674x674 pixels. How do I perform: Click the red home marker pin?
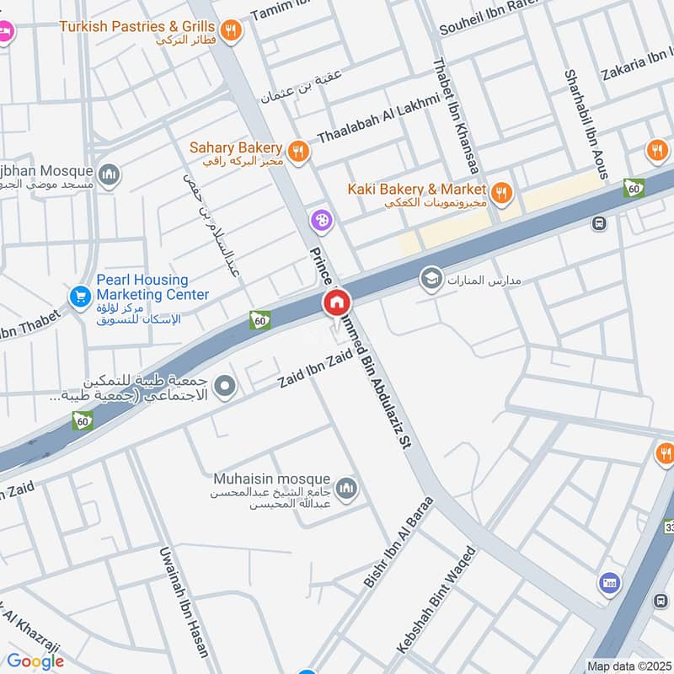(337, 302)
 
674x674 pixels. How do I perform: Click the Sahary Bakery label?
(235, 147)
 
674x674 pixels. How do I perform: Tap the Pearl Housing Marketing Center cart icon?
(81, 297)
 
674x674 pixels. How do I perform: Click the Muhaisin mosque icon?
(346, 488)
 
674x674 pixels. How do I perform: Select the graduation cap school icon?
(432, 278)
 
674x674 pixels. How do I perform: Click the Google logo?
(35, 661)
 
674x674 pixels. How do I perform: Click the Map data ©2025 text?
(628, 666)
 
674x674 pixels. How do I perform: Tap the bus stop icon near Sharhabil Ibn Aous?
(599, 224)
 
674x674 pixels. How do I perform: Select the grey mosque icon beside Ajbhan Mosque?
(108, 175)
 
